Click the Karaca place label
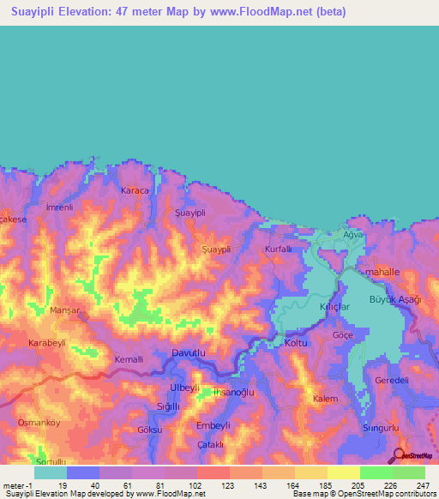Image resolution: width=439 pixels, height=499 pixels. tap(135, 190)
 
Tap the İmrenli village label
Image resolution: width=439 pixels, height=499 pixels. tap(59, 207)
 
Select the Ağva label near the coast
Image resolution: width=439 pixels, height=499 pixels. tap(354, 234)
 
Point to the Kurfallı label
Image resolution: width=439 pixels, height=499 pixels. tap(280, 249)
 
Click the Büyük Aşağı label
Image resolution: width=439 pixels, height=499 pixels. tap(392, 299)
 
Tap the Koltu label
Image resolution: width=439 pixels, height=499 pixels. tap(296, 343)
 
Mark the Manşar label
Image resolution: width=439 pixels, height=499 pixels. tap(65, 310)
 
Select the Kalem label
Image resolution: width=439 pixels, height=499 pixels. tap(325, 400)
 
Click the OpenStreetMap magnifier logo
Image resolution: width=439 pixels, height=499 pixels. tap(400, 455)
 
